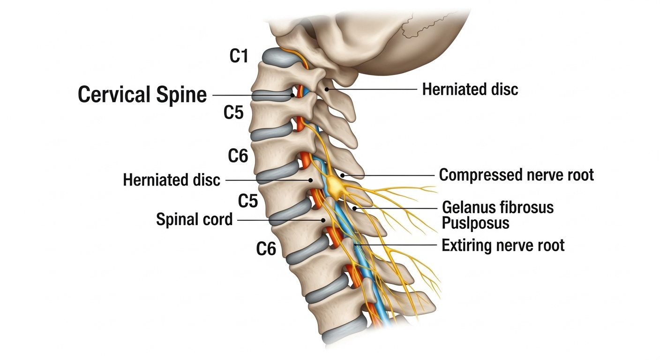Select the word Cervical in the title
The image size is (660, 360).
coord(113,95)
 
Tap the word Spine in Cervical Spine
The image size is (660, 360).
coord(181,95)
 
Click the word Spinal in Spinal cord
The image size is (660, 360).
coord(176,219)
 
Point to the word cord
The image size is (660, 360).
coord(215,219)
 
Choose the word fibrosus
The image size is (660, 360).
coord(528,207)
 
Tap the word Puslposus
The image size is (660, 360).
coord(475,223)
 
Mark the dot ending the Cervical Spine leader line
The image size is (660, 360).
coord(292,95)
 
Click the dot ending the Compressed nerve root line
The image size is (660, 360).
coord(343,175)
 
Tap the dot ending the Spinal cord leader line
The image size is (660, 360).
coord(323,219)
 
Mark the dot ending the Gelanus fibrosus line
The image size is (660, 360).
coord(355,207)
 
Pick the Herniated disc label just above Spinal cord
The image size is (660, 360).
coord(172,180)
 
